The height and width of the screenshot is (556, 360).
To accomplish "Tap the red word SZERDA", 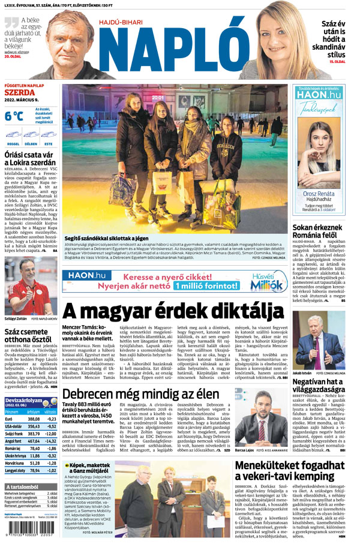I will [x=20, y=93].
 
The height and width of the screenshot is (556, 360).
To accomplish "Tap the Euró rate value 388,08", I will [x=33, y=419].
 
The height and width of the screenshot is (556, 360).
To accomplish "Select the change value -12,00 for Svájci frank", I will [x=52, y=434].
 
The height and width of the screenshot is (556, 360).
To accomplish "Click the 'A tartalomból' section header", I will [x=23, y=486].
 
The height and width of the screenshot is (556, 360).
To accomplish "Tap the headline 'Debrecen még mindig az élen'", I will [x=140, y=393].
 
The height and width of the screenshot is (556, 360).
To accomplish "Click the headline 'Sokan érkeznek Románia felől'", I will [x=319, y=233].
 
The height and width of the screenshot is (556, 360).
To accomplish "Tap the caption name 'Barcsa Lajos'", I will [x=245, y=450].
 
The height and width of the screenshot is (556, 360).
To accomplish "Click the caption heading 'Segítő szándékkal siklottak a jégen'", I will [x=106, y=239].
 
